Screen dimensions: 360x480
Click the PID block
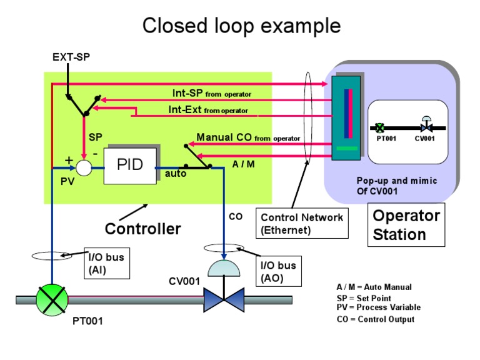(130, 165)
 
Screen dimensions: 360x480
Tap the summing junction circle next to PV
(83, 167)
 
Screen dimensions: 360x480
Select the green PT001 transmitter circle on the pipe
(51, 299)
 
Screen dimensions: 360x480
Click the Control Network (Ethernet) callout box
(302, 223)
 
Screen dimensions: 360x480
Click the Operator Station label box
(406, 225)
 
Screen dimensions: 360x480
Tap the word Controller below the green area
(142, 229)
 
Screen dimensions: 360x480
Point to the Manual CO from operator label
(248, 137)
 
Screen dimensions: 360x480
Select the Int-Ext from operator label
(207, 110)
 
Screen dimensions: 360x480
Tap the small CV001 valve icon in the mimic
(425, 126)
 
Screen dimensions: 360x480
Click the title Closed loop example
(241, 26)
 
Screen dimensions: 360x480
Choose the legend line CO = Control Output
(375, 319)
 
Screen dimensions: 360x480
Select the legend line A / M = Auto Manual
(374, 287)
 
